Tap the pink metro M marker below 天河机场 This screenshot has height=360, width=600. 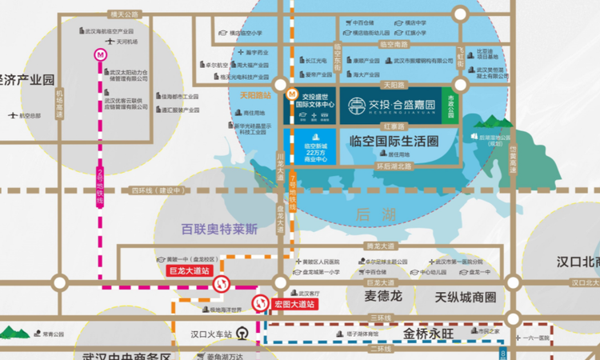tap(101, 55)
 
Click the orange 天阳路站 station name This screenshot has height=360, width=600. tap(256, 94)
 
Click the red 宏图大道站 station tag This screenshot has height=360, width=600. tap(295, 304)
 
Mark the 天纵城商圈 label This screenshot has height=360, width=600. tap(466, 298)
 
